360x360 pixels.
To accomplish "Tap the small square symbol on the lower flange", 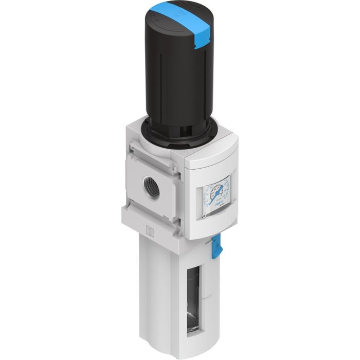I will [x=149, y=232].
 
